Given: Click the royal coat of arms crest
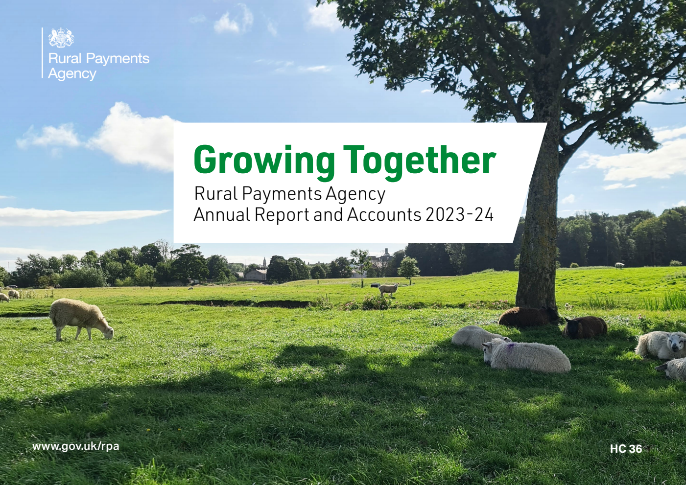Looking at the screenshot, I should point(61,38).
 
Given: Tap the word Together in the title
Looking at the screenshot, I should point(419,160).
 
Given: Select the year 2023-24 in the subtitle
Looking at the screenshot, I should point(459,214).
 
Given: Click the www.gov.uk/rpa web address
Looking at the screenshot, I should point(75,446).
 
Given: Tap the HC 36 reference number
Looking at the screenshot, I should point(625,449).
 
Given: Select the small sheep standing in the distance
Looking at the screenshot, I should point(389,289).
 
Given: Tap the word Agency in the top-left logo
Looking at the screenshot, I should point(72,74).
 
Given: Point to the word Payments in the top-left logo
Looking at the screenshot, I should point(118,59).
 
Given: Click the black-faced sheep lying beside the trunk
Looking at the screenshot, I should point(585,326).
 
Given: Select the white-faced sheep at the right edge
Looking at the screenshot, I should point(662,345).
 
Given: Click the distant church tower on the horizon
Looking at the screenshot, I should point(264,262).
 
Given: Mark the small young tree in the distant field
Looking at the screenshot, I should point(408,268).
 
